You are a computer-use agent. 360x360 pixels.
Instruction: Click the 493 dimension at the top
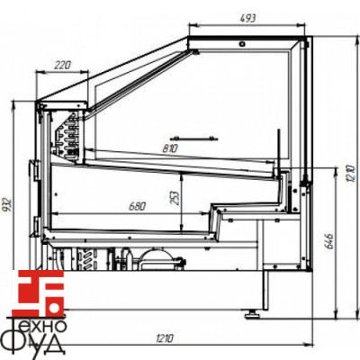(x=248, y=19)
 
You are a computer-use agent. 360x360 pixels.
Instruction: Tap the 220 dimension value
(x=62, y=65)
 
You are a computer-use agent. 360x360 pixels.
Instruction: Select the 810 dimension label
(x=170, y=148)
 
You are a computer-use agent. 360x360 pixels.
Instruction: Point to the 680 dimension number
(x=137, y=206)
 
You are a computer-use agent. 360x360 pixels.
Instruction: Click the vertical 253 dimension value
(x=175, y=197)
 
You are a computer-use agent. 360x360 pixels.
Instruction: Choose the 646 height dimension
(x=328, y=241)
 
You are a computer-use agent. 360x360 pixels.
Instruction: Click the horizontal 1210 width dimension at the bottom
(x=165, y=338)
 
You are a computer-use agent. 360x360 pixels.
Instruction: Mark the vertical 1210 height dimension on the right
(x=351, y=174)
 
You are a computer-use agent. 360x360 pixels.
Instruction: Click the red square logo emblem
(x=41, y=293)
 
